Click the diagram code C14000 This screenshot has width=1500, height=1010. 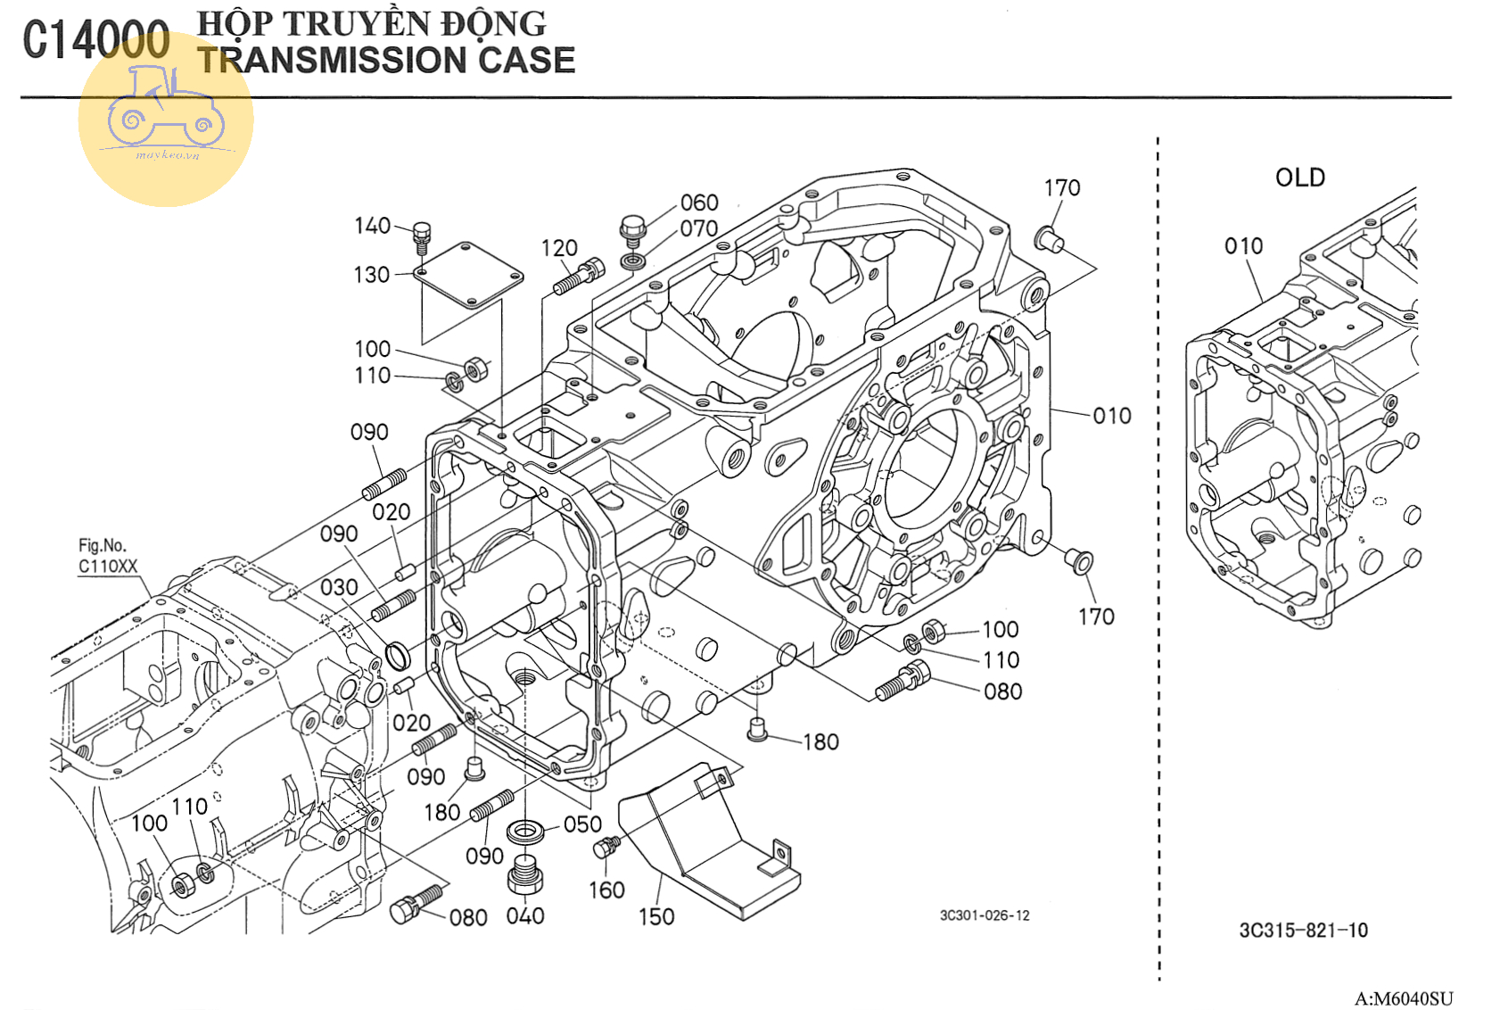(x=96, y=40)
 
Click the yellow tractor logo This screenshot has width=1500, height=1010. (x=166, y=119)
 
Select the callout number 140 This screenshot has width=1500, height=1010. (x=372, y=226)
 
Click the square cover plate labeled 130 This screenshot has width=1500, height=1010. (x=467, y=274)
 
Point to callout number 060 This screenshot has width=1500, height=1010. (x=699, y=203)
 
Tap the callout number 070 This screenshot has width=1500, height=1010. (x=699, y=229)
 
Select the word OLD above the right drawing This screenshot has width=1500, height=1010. (x=1299, y=178)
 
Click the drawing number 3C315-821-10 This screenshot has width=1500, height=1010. (x=1303, y=931)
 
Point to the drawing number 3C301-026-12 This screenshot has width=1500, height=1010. (x=985, y=915)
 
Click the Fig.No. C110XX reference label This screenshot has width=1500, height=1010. (x=108, y=556)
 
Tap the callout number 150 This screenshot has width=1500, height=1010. (x=656, y=917)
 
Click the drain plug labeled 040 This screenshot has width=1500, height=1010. (x=525, y=874)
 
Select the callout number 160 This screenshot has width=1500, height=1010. (x=606, y=890)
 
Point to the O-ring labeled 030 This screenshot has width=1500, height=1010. (x=398, y=656)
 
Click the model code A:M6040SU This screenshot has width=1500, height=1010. (x=1404, y=999)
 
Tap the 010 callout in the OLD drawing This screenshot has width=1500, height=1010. (x=1243, y=246)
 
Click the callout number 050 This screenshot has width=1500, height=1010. (x=582, y=824)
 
